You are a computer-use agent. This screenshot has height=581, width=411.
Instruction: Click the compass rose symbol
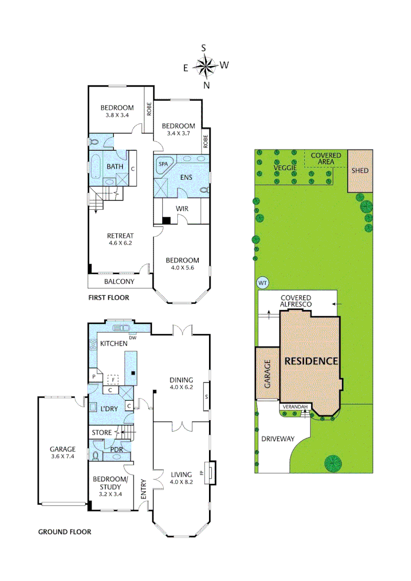(x=205, y=66)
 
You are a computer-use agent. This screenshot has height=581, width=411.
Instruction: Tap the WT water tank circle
(x=263, y=283)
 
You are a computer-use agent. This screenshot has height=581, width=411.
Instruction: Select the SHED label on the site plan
(x=360, y=171)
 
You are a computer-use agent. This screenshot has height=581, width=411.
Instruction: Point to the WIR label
(x=180, y=208)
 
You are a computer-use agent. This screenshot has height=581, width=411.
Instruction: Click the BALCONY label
(x=119, y=281)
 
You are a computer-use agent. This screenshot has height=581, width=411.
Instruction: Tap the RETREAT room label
(x=120, y=236)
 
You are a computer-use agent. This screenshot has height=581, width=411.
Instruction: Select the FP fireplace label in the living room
(x=202, y=474)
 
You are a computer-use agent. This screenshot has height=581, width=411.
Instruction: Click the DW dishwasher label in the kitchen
(x=133, y=337)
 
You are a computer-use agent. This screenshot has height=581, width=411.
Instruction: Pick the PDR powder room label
(x=116, y=449)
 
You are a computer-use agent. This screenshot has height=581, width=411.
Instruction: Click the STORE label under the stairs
(x=102, y=433)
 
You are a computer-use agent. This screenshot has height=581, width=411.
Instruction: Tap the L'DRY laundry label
(x=109, y=409)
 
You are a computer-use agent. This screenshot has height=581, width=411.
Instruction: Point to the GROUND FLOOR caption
(x=64, y=532)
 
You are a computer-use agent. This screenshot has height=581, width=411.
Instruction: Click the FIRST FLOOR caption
(x=108, y=297)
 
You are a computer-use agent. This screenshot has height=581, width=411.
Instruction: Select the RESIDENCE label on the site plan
(x=311, y=361)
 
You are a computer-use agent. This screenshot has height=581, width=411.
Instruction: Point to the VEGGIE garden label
(x=285, y=168)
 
